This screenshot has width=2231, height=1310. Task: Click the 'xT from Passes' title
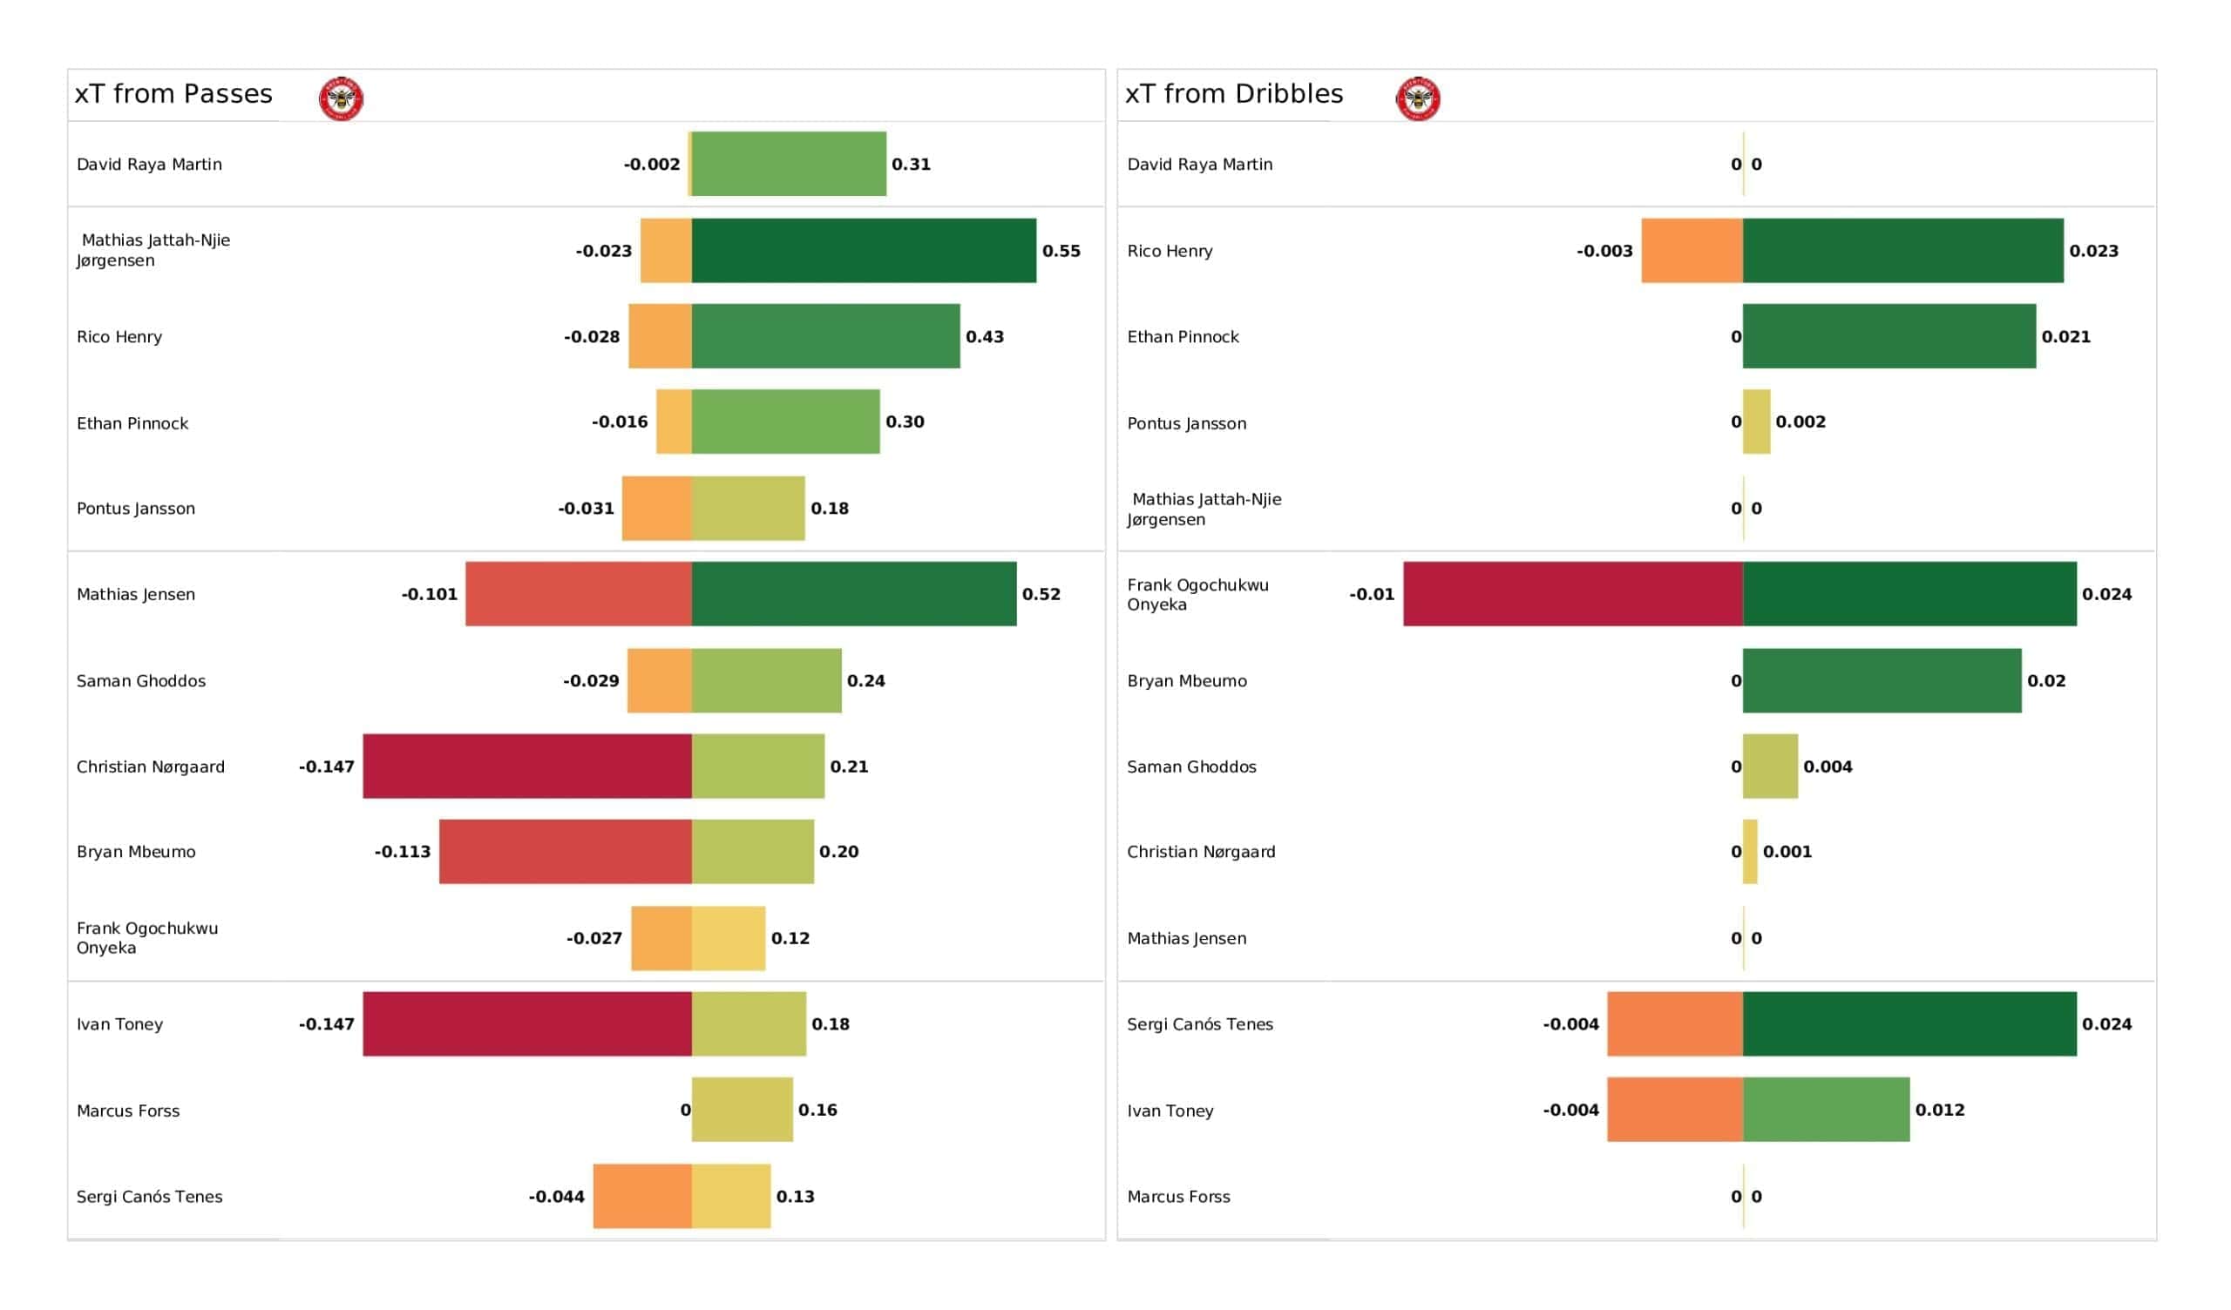173,94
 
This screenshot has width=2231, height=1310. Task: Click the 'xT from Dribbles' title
1234,94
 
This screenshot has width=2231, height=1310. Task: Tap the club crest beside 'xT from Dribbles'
1418,98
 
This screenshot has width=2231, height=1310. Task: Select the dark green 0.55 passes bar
864,251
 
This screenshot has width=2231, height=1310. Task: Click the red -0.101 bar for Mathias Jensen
579,594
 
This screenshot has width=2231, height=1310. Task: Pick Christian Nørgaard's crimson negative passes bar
527,766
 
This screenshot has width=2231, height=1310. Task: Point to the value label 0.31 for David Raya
911,165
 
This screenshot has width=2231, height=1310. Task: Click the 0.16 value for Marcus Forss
817,1110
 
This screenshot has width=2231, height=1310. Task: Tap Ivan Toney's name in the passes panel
119,1024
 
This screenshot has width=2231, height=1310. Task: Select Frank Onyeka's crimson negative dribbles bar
1573,594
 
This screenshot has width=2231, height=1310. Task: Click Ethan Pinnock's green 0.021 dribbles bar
1889,336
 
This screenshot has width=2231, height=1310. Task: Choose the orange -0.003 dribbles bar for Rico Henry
1692,251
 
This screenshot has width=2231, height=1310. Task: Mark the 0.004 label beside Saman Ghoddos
1828,766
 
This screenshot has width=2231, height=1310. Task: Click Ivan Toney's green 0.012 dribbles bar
1827,1110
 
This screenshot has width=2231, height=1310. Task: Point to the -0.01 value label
1372,595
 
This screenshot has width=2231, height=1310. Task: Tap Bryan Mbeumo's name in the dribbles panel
1186,680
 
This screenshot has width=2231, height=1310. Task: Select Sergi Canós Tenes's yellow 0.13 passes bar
731,1196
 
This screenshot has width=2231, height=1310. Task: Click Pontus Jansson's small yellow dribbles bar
1756,422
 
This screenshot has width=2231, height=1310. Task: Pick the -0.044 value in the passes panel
556,1197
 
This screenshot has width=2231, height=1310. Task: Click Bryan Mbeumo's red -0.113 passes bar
566,852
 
